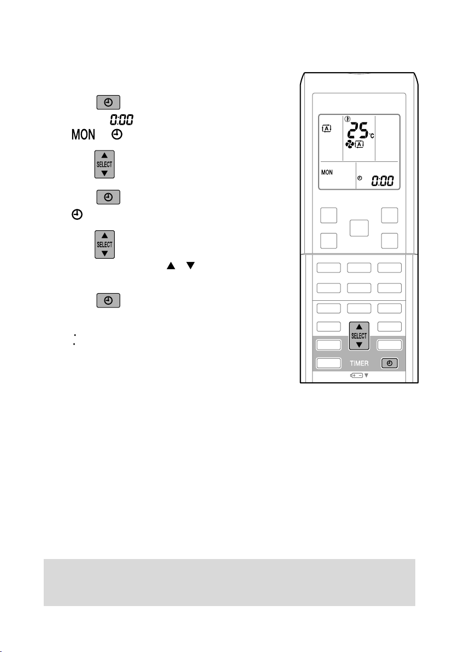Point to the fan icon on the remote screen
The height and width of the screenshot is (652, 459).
tap(349, 144)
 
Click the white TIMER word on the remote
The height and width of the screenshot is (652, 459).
tap(360, 363)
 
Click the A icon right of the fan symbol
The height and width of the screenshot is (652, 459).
tap(360, 144)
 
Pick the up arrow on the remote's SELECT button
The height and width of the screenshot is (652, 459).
tap(359, 327)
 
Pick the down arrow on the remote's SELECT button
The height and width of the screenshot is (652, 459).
tap(359, 345)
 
